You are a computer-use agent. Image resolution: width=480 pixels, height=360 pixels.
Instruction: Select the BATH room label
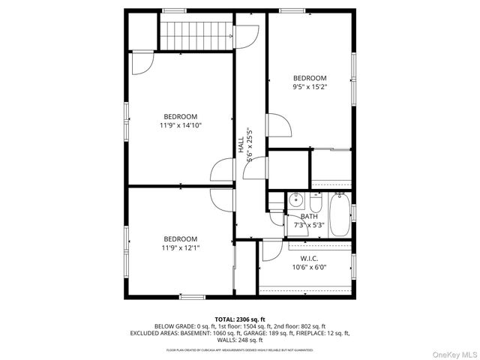309,216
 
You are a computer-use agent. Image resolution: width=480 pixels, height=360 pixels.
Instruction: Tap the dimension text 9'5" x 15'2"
310,86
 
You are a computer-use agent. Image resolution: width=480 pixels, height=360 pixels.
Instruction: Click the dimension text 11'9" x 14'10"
181,125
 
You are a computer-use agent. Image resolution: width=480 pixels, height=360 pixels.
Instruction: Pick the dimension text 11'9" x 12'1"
181,247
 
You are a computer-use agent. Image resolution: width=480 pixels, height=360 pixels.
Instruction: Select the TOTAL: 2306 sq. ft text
240,319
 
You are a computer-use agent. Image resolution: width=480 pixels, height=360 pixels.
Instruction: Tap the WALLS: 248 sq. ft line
240,339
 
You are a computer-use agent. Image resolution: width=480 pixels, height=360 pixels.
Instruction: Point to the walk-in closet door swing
271,250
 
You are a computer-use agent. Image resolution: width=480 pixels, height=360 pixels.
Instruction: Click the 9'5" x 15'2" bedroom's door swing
279,125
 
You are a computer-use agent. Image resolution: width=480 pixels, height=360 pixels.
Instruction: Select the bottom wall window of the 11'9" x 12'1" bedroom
192,297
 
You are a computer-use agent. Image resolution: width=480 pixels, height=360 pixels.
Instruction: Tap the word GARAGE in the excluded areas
271,333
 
